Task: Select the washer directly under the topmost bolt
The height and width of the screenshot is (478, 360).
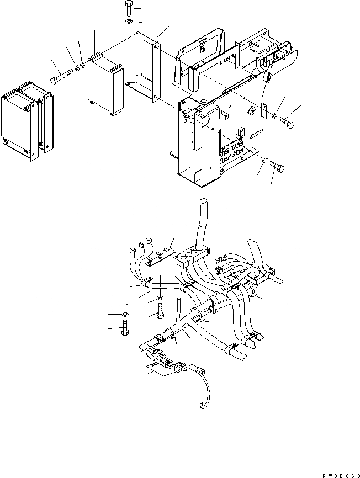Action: click(x=128, y=23)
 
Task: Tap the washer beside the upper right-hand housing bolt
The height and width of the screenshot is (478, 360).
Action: click(x=274, y=115)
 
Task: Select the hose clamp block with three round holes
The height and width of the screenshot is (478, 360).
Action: click(x=191, y=255)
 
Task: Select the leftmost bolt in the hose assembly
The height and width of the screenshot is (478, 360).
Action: click(x=124, y=331)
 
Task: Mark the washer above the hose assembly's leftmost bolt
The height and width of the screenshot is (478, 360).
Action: click(x=125, y=314)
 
